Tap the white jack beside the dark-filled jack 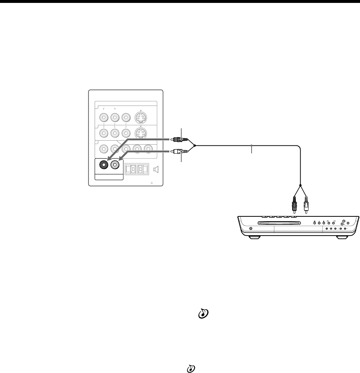[x=115, y=165]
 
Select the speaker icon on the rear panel [x=156, y=169]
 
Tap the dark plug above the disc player [x=295, y=206]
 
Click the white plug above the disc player [x=306, y=206]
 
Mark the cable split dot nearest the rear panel [x=195, y=145]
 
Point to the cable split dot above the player [x=301, y=185]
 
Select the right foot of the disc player [x=342, y=237]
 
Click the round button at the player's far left [x=252, y=229]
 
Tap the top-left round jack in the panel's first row [x=104, y=117]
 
